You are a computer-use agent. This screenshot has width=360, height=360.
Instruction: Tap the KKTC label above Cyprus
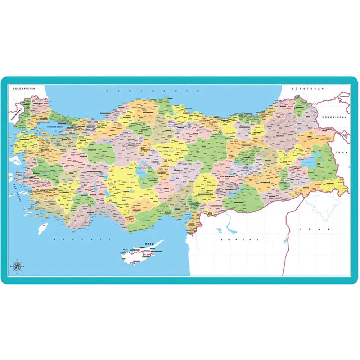149,244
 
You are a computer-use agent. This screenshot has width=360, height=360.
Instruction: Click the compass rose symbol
17,266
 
